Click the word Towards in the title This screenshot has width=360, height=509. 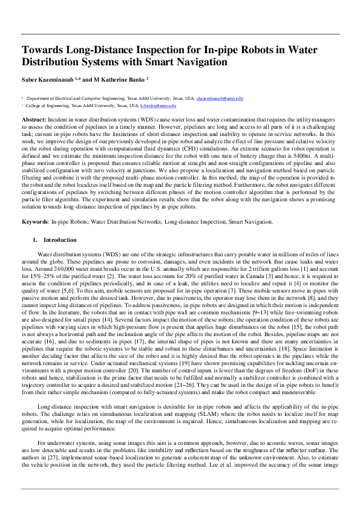42,50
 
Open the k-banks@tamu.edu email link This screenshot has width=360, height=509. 158,105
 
